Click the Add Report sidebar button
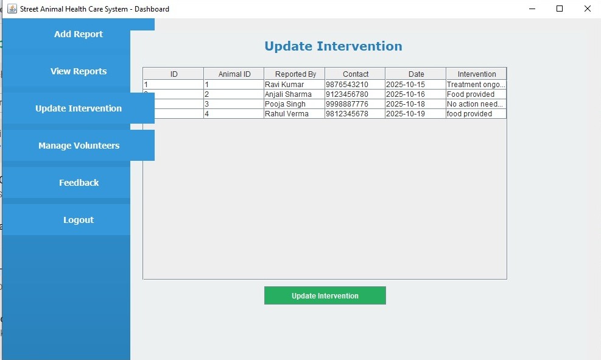click(79, 34)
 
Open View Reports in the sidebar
click(79, 71)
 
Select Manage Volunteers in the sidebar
click(79, 146)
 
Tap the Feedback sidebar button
click(79, 183)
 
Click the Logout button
click(79, 220)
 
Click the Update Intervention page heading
click(333, 46)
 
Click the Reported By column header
click(295, 74)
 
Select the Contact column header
click(355, 74)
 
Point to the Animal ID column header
click(234, 74)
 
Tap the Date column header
click(416, 74)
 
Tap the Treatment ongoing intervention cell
click(476, 85)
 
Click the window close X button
click(587, 9)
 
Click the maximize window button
click(560, 9)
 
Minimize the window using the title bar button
click(532, 9)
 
